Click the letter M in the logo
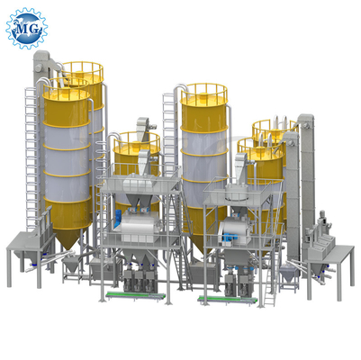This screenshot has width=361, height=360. pos(23,29)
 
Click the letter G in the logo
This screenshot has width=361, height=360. pos(33,29)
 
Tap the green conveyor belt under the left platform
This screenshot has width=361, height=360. pos(133,295)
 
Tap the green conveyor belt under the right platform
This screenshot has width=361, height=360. pos(228,299)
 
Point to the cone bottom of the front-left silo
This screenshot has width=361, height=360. pos(68,237)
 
